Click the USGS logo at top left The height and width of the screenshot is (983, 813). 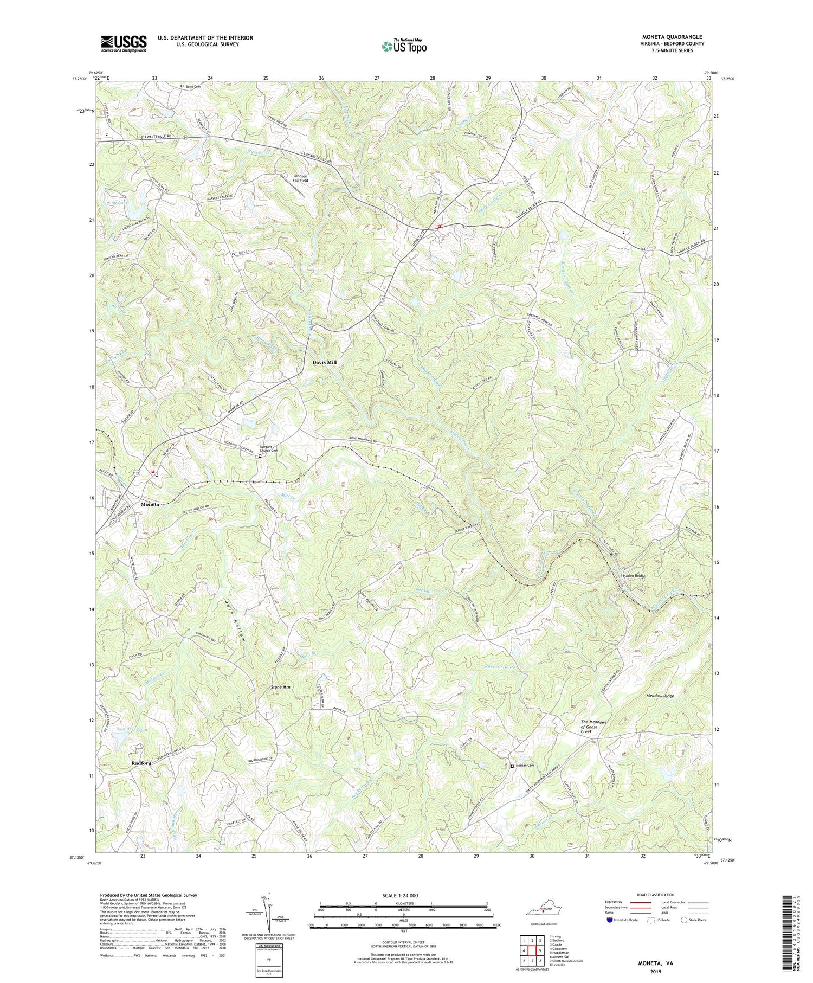click(x=123, y=43)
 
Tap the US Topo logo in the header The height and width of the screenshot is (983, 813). click(x=404, y=46)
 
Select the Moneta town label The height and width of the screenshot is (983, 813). click(x=150, y=504)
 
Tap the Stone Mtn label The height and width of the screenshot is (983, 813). click(x=281, y=688)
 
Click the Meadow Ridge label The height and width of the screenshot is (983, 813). click(x=660, y=695)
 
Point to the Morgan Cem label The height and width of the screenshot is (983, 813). click(x=527, y=766)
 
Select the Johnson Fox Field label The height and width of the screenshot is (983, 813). click(x=300, y=178)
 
